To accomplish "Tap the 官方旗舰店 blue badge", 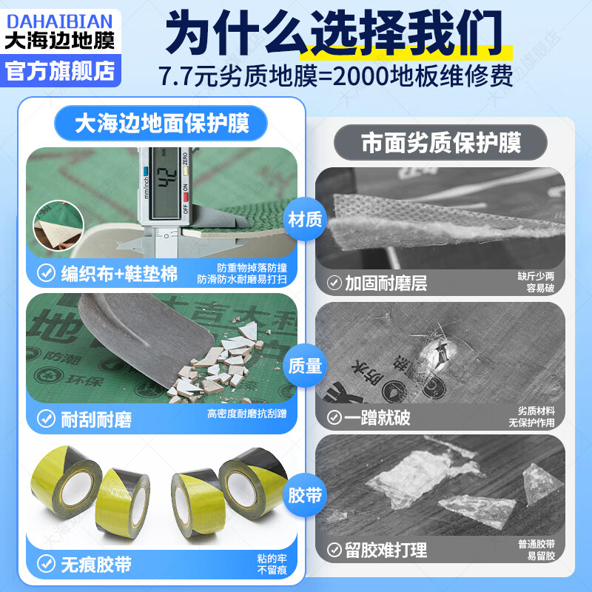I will point(59,70).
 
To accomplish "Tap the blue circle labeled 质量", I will point(304,364).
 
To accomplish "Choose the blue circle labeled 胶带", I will point(304,494).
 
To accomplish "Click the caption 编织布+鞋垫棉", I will point(118,275).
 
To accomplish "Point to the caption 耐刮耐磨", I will point(96,420).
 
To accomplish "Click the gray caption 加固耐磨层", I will point(386,283).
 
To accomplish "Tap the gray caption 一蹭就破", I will point(377,417).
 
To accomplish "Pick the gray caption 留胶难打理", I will point(386,551).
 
